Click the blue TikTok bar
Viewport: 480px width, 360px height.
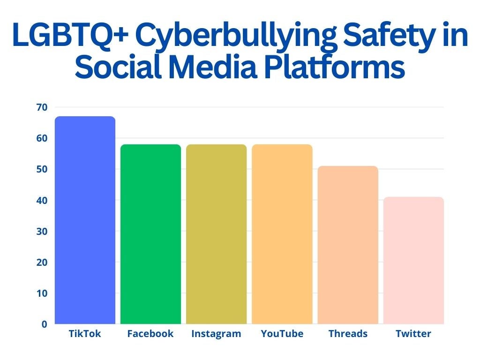click(85, 220)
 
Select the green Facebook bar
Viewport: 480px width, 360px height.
click(150, 234)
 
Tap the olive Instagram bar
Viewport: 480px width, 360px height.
click(217, 234)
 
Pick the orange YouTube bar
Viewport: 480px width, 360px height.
click(282, 234)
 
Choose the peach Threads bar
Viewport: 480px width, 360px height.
click(348, 245)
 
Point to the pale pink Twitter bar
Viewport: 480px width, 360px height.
click(413, 260)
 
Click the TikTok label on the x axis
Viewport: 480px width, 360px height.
click(85, 333)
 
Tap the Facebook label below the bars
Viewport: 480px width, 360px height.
click(150, 333)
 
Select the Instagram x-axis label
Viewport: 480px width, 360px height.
click(216, 334)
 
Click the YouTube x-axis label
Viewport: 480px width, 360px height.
click(282, 333)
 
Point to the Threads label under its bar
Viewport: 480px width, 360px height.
click(348, 333)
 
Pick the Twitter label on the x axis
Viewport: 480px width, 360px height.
click(413, 333)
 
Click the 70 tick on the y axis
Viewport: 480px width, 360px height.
click(42, 107)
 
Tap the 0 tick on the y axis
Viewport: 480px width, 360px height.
click(45, 324)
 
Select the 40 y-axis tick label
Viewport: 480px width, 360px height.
click(42, 201)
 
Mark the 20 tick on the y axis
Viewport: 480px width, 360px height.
click(42, 262)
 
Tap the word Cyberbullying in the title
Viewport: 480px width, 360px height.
click(236, 36)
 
